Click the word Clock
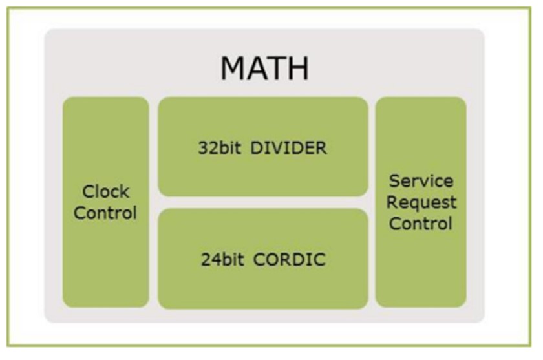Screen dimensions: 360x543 105,192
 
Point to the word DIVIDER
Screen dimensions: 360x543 290,148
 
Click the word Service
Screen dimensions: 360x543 421,180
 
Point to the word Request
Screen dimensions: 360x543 421,202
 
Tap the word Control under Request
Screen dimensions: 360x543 421,224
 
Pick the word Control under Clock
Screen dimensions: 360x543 105,213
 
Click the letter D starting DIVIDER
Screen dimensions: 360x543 259,148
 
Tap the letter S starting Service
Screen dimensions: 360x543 395,180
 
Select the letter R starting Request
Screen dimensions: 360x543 394,202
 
